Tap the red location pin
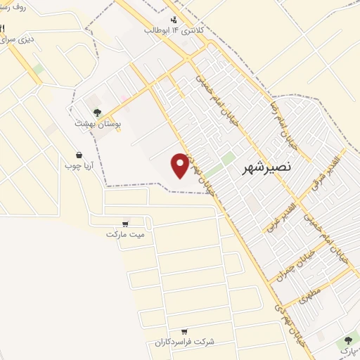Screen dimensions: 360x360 [x=181, y=165]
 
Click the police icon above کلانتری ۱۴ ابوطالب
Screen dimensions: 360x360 [x=174, y=19]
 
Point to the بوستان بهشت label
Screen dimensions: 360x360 [x=99, y=123]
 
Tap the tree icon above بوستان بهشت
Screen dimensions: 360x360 [x=96, y=111]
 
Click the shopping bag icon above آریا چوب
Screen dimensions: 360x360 [x=79, y=155]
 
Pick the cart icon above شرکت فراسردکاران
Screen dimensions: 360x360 [x=184, y=331]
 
